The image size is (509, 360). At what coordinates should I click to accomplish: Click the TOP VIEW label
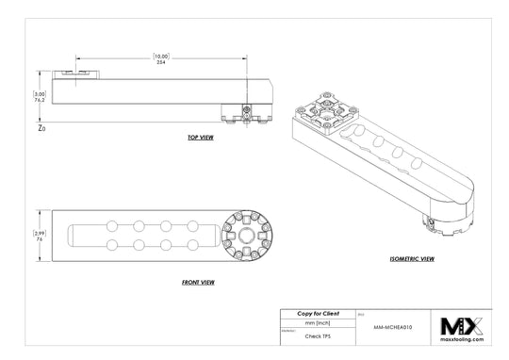click(200, 138)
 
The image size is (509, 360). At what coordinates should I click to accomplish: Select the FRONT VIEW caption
click(200, 282)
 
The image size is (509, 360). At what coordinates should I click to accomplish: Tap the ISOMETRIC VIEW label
click(412, 257)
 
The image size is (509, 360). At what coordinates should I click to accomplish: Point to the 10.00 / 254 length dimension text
click(161, 58)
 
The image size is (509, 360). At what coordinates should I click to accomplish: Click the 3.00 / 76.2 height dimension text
click(40, 97)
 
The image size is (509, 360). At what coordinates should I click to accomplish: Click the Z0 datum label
click(41, 126)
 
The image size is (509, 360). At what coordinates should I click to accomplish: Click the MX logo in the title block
click(461, 326)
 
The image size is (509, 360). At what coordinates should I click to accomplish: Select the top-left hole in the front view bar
click(113, 225)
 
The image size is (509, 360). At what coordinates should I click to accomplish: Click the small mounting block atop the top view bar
click(74, 72)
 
